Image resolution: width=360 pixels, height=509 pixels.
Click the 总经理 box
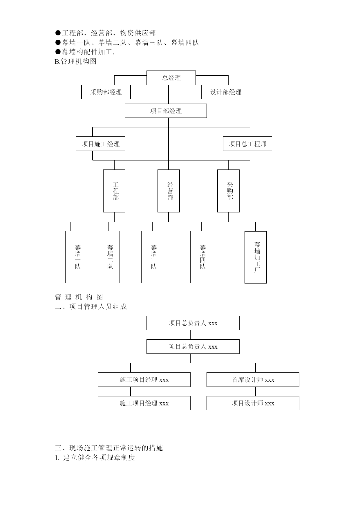pos(171,78)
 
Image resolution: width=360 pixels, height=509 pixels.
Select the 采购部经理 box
pos(106,92)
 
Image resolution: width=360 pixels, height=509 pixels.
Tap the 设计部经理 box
pos(226,92)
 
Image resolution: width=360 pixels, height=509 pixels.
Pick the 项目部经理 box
pos(166,111)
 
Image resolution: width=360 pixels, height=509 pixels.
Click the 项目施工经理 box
pos(100,144)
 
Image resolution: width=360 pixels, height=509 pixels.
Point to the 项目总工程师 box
pos(247,144)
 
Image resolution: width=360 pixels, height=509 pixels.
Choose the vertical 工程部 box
pos(114,191)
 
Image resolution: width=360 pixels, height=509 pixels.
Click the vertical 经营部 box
pos(169,191)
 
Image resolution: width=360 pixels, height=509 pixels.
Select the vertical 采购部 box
pos(228,191)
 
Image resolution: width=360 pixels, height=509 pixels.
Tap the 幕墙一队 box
pos(76,257)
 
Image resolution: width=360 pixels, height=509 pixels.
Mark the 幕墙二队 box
pos(109,257)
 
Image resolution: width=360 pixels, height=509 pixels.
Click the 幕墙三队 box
pos(152,257)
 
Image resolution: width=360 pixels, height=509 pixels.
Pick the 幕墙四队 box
pos(201,257)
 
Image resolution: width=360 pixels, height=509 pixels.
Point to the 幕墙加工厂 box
pos(256,257)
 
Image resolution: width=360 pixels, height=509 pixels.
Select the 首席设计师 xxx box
pos(253,380)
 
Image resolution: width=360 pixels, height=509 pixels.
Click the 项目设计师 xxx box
pos(253,403)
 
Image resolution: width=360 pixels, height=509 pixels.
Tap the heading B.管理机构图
pos(75,62)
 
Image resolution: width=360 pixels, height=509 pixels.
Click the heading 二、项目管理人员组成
pos(91,307)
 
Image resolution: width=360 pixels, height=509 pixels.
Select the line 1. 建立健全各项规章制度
pos(95,458)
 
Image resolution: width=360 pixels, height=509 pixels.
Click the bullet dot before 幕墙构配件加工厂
pos(58,52)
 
